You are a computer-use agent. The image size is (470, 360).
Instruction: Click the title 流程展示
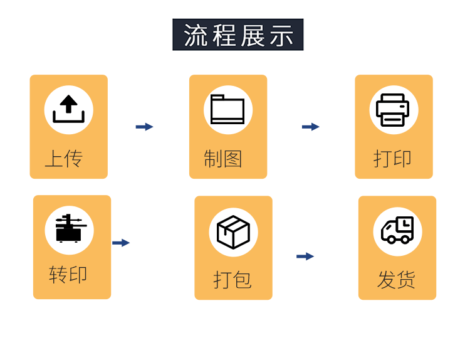[238, 35]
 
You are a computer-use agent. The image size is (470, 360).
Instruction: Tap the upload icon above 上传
[69, 109]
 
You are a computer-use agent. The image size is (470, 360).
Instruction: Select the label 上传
[64, 159]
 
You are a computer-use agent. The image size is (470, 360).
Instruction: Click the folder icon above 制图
[227, 109]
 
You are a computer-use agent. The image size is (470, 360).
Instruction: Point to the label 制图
[223, 159]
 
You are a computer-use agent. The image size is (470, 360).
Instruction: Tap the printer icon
[393, 110]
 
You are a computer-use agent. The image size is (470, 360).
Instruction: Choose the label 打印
[393, 159]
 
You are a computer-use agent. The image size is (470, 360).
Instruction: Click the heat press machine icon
[69, 229]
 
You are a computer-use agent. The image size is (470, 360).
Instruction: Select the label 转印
[68, 275]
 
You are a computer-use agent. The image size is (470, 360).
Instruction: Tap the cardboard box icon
[233, 232]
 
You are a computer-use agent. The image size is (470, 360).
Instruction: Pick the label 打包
[232, 280]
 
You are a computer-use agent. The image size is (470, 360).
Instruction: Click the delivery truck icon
[397, 230]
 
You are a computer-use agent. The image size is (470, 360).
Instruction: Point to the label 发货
[397, 280]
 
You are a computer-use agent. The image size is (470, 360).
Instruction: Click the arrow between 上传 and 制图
[145, 127]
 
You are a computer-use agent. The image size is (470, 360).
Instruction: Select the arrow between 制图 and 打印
[311, 127]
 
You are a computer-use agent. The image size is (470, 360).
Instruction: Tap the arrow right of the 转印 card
[121, 243]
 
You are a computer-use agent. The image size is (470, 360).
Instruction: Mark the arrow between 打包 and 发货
[305, 256]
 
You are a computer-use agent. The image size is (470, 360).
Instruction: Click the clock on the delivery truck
[405, 223]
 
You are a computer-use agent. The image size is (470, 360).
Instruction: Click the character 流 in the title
[196, 35]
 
